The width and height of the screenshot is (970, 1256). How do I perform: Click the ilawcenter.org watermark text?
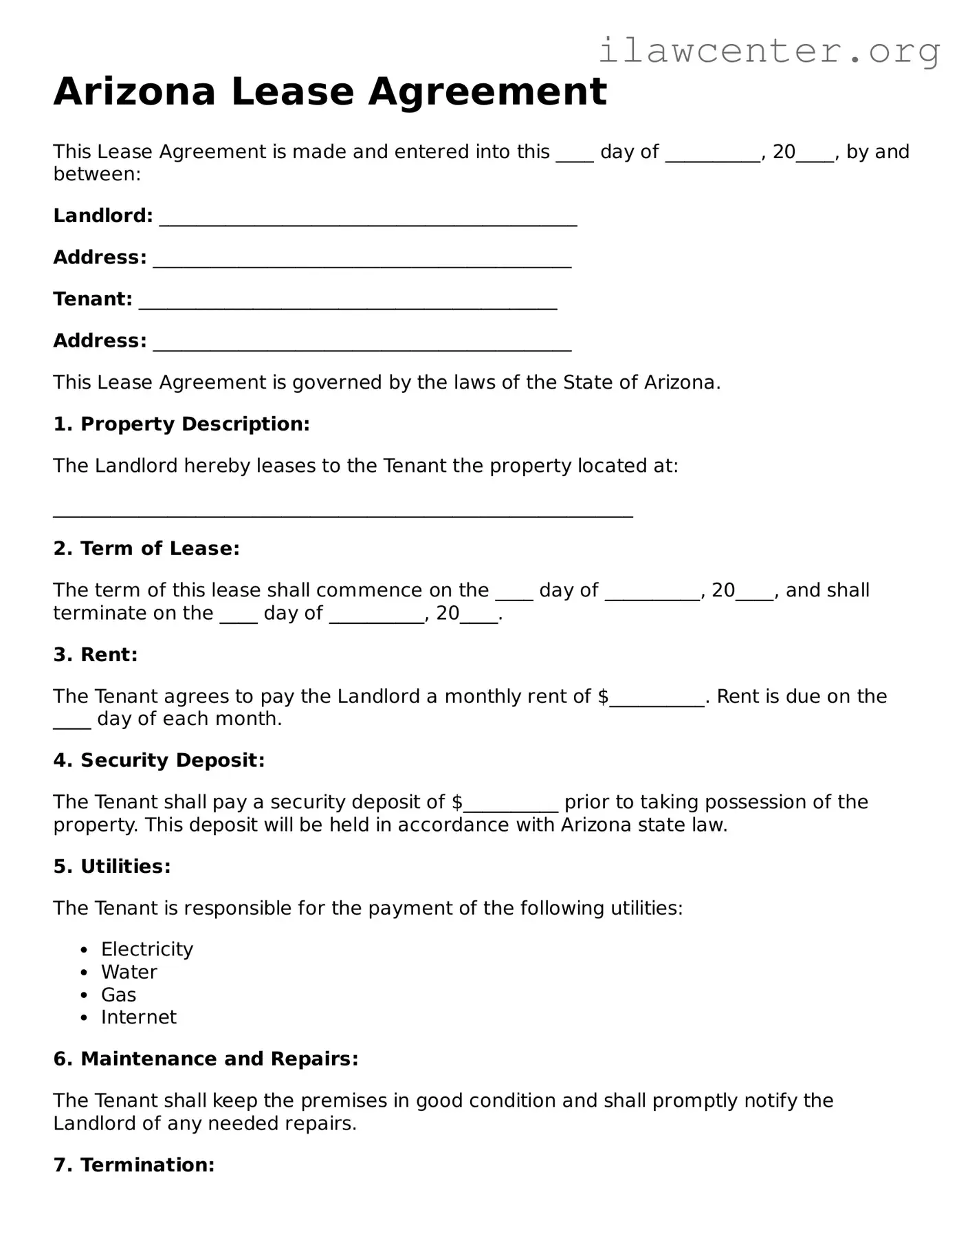tap(769, 51)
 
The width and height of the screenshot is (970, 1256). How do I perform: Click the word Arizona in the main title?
tap(134, 91)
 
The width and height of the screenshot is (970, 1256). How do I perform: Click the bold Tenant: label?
tap(93, 299)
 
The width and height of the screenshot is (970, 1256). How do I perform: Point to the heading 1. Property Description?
tap(181, 424)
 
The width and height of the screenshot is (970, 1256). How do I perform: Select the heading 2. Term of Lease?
tap(146, 548)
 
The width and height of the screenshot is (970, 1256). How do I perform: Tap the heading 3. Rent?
tap(96, 654)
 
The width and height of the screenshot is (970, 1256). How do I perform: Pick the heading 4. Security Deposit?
tap(159, 760)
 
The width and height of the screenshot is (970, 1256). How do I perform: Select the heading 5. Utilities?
tap(112, 866)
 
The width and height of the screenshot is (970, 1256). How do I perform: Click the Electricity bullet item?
tap(147, 949)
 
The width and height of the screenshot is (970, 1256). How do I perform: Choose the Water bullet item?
tap(129, 972)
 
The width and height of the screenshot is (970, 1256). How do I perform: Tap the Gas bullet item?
tap(118, 995)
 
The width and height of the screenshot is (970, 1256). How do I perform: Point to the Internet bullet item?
tap(139, 1017)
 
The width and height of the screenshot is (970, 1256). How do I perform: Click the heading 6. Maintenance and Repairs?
tap(206, 1059)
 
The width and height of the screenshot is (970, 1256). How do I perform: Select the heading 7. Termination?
tap(134, 1165)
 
